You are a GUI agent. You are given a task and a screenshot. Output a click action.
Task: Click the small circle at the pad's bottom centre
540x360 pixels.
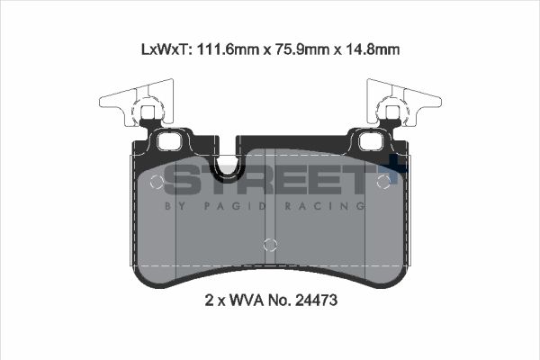(268, 244)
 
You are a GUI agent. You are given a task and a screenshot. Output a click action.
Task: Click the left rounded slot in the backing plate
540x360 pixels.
(168, 141)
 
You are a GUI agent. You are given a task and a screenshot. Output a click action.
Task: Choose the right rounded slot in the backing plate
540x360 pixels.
(369, 141)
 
